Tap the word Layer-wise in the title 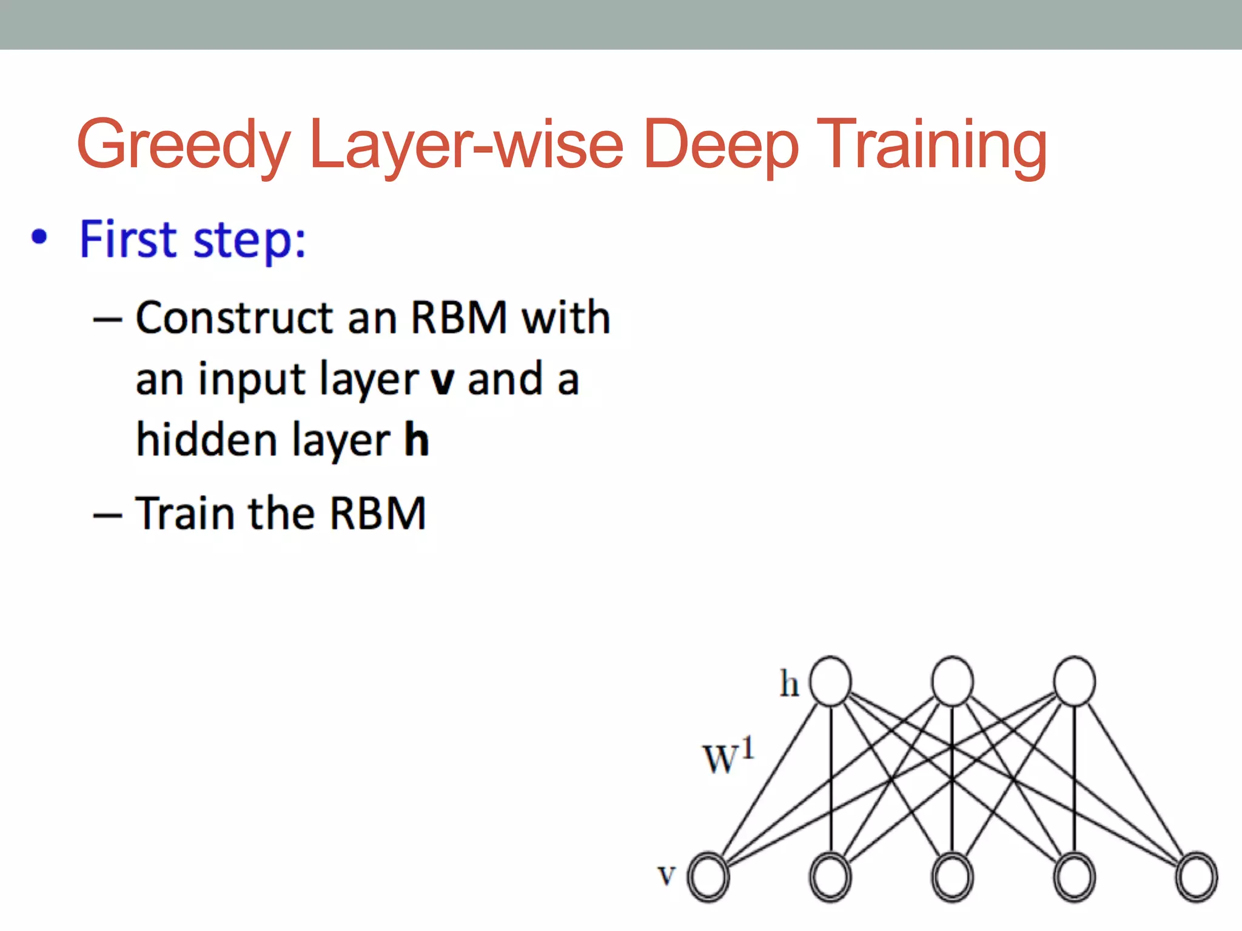(x=466, y=145)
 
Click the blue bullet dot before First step (x=39, y=237)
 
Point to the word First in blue (x=127, y=239)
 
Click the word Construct (x=234, y=318)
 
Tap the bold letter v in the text (x=442, y=381)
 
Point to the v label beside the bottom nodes (x=666, y=875)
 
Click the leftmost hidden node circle (x=830, y=681)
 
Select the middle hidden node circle (x=952, y=681)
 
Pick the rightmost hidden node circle (x=1074, y=681)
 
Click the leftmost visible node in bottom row (x=708, y=877)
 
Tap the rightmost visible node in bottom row (x=1197, y=877)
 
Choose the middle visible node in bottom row (x=952, y=877)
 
